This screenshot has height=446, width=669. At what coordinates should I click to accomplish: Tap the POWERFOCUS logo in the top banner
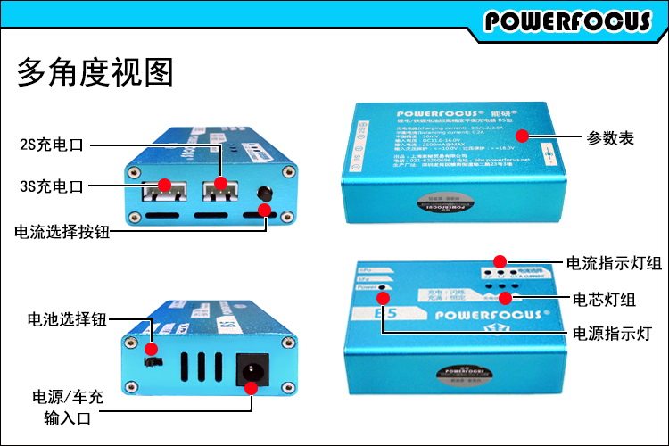pyautogui.click(x=568, y=20)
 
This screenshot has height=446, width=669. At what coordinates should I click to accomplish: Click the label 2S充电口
pyautogui.click(x=51, y=143)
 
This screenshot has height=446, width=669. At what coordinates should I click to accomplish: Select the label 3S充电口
pyautogui.click(x=51, y=186)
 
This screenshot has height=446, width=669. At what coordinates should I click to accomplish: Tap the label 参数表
pyautogui.click(x=610, y=138)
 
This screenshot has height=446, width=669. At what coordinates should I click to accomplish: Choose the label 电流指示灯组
pyautogui.click(x=615, y=262)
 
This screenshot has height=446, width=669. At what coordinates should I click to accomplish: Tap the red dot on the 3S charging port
pyautogui.click(x=164, y=186)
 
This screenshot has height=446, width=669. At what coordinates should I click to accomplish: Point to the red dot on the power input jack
pyautogui.click(x=252, y=388)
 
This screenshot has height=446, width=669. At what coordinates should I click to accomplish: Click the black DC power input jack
pyautogui.click(x=252, y=368)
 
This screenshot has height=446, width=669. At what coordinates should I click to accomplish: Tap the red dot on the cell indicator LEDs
pyautogui.click(x=505, y=297)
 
